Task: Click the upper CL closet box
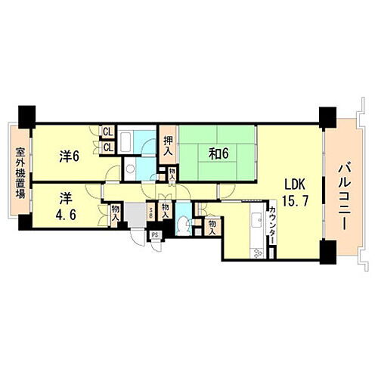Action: pos(108,132)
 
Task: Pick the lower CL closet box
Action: pos(108,146)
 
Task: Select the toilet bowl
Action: pos(187,224)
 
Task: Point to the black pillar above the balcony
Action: pos(327,116)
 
